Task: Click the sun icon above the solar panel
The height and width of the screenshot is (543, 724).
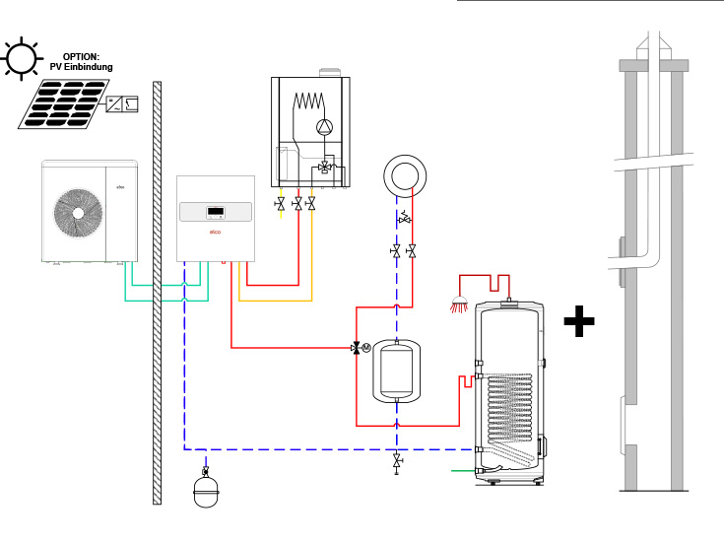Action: [x=20, y=58]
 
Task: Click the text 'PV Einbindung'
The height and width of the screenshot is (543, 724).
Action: [x=82, y=66]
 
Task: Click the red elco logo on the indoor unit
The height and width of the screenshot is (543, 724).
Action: [x=216, y=233]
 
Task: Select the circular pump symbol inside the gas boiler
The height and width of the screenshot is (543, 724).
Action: [x=324, y=126]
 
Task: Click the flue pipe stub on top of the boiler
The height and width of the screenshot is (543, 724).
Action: [x=329, y=74]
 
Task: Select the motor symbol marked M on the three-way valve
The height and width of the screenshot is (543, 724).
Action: [x=366, y=347]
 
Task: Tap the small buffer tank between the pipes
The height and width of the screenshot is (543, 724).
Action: [x=396, y=370]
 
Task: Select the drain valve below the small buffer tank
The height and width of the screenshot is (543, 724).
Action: [x=396, y=461]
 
